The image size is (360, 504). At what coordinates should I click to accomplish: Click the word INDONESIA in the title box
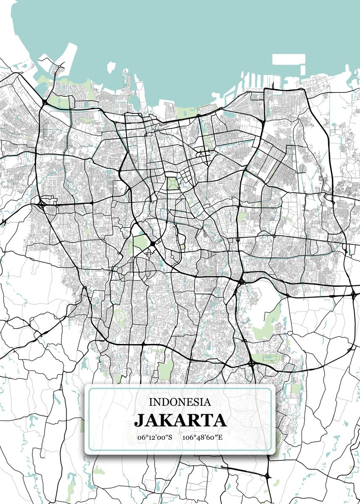[180, 402]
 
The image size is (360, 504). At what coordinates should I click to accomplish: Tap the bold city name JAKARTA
[180, 420]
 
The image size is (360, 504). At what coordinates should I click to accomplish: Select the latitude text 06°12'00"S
[155, 437]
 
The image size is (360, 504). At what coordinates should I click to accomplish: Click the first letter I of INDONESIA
[151, 402]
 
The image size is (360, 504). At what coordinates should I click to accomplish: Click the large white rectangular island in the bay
[283, 59]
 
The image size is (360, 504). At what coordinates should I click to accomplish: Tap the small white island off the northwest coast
[111, 67]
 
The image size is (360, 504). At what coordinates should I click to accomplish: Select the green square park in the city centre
[173, 184]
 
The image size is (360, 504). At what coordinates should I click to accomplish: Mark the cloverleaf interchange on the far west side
[42, 205]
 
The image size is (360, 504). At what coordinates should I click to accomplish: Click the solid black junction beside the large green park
[152, 243]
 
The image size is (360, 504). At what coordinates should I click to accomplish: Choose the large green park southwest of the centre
[141, 242]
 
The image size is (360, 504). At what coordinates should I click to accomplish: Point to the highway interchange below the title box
[268, 476]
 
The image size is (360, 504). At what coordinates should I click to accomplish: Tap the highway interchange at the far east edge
[353, 294]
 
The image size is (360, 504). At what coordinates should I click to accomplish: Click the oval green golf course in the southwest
[120, 318]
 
